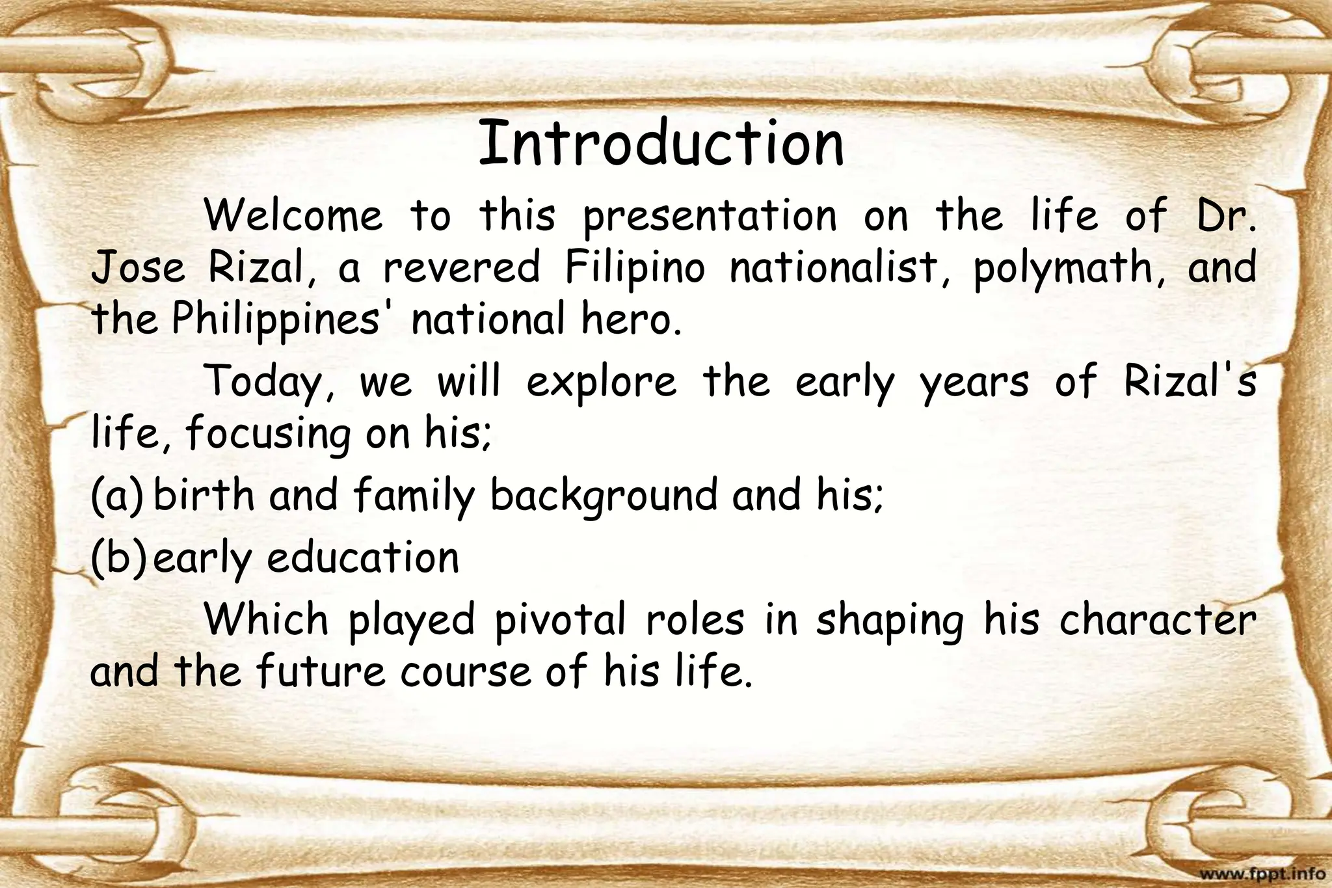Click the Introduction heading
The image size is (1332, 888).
[661, 143]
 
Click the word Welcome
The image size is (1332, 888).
[294, 215]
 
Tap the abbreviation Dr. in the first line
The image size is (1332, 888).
[1226, 215]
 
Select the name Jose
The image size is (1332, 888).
[139, 267]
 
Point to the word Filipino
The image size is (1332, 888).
[635, 267]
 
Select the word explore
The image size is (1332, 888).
[601, 383]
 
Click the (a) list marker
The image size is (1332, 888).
[116, 496]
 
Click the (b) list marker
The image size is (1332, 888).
[116, 558]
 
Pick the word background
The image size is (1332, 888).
[604, 496]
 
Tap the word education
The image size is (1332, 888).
[363, 558]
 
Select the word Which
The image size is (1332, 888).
[267, 619]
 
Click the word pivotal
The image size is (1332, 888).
[561, 621]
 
